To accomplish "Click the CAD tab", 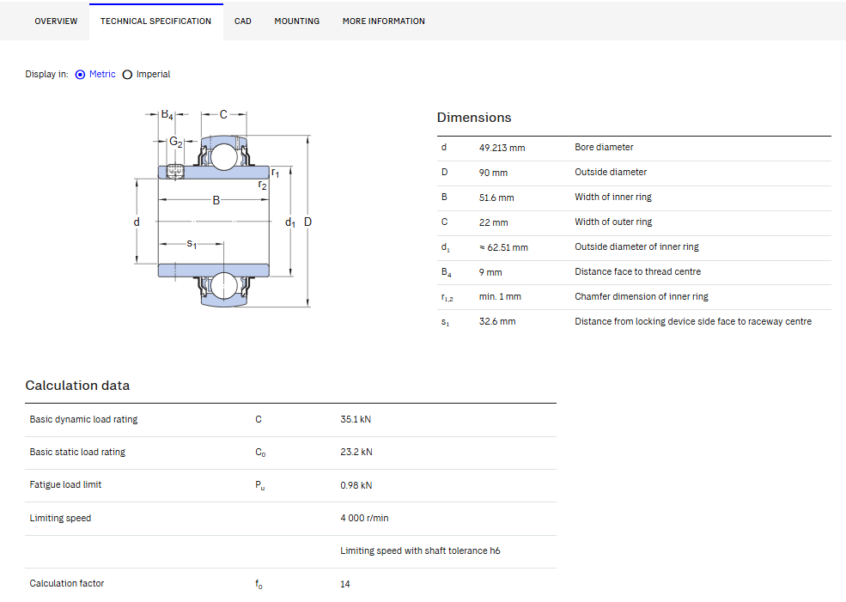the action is click(243, 21).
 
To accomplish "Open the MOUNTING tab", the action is click(297, 21).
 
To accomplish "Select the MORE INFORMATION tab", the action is click(384, 21).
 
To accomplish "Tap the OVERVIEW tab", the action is click(56, 21).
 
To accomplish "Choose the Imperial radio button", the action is click(127, 75).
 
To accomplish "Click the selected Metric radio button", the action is click(81, 75).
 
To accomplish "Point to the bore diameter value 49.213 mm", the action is click(502, 148).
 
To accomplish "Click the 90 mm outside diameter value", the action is click(493, 173).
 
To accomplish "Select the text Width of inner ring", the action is click(613, 197).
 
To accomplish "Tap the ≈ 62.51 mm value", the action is click(503, 247).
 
